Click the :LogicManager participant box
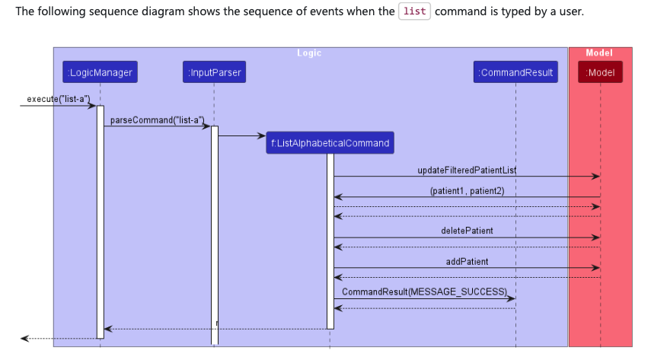tap(100, 72)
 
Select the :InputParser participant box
tap(214, 72)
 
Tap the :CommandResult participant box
tap(515, 72)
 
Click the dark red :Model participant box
tap(600, 72)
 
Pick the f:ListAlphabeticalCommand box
tap(330, 142)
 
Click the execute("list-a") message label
tap(58, 99)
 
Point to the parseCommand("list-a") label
tap(158, 120)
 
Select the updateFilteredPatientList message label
tap(467, 169)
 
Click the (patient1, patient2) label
tap(467, 190)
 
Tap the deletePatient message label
tap(467, 231)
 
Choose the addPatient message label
tap(467, 261)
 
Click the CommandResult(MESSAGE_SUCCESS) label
tap(424, 292)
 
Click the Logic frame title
tap(309, 53)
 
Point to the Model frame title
tap(599, 53)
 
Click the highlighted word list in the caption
tap(414, 12)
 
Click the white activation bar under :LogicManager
tap(100, 221)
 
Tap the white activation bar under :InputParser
tap(215, 236)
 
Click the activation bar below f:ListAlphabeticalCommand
tap(330, 240)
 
